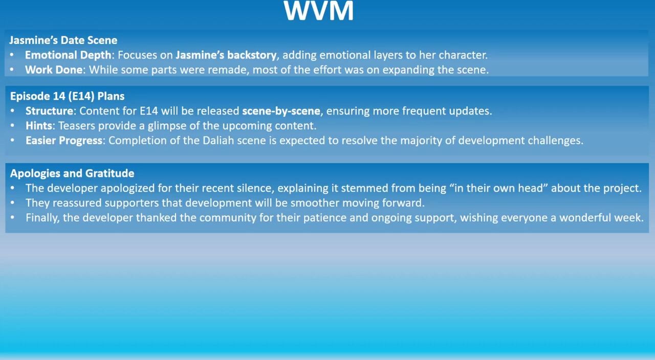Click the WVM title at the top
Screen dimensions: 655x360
318,11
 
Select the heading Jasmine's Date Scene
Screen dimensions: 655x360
63,40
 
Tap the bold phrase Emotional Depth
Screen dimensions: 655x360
68,55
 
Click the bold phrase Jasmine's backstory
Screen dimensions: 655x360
226,55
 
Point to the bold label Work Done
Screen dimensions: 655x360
54,70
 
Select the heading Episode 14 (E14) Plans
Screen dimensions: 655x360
67,96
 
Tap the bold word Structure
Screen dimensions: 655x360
50,111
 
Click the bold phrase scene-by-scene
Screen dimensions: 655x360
281,111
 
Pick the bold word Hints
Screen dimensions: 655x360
39,126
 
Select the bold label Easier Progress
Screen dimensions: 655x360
64,141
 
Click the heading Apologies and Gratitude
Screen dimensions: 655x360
72,173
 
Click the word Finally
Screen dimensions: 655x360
42,218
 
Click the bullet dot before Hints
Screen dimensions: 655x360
12,126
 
